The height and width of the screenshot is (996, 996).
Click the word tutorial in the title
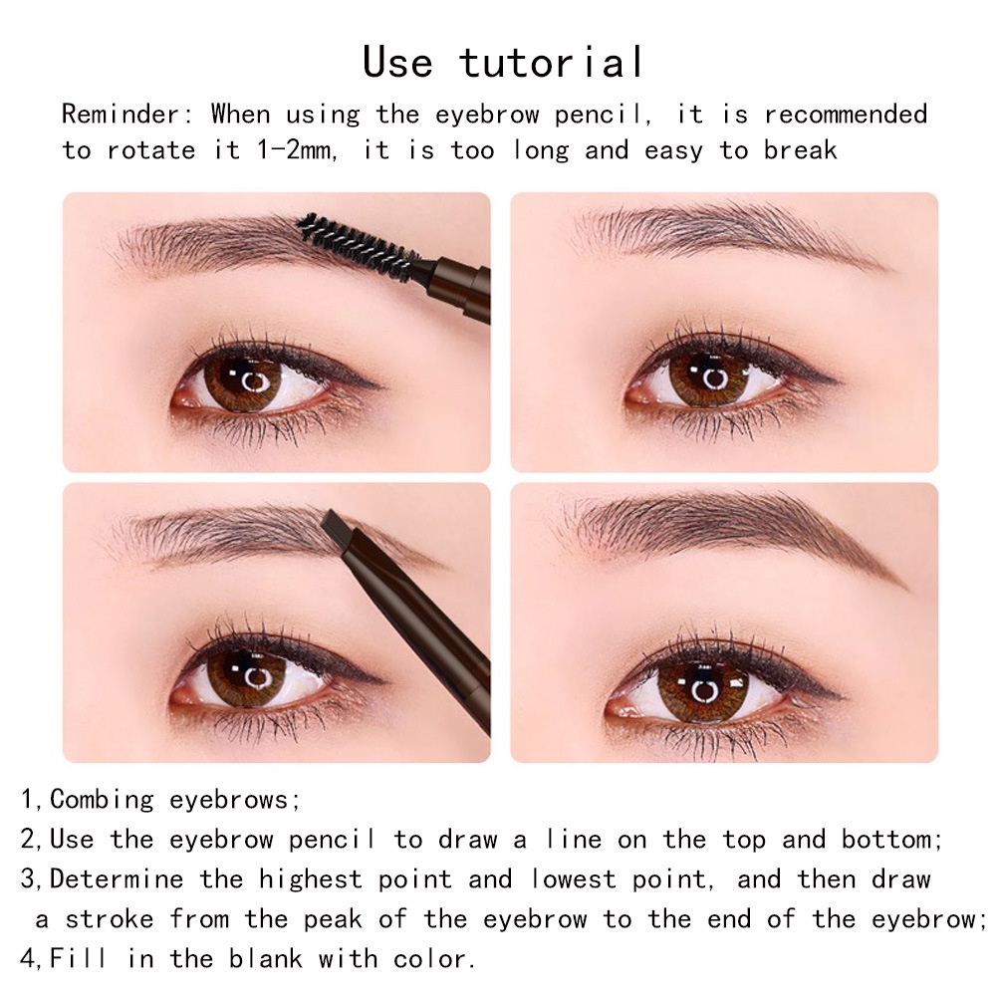pos(553,62)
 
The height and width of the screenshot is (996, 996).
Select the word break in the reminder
pos(801,150)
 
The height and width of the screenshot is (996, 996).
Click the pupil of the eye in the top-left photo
pos(248,380)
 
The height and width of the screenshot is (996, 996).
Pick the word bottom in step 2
pos(889,839)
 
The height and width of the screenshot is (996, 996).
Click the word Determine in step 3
pos(117,878)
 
